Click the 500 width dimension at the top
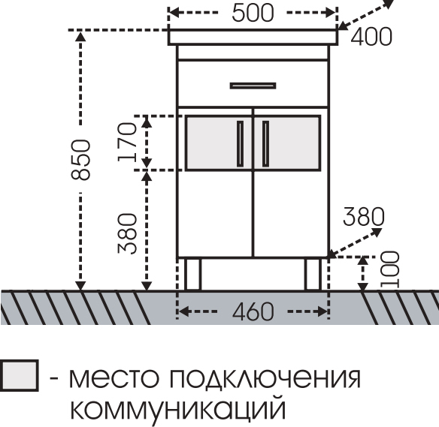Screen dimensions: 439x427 (253, 14)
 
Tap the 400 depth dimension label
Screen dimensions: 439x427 (371, 37)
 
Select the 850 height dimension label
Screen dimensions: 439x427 (80, 160)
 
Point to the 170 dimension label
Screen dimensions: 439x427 (127, 142)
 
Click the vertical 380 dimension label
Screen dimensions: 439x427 (127, 233)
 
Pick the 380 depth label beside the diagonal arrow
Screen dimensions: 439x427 (364, 216)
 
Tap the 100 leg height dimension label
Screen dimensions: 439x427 (389, 269)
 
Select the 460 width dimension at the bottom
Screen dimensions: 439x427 (253, 311)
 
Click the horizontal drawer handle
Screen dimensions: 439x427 (253, 86)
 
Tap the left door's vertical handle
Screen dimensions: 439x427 (241, 143)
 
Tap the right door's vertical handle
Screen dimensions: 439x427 (265, 143)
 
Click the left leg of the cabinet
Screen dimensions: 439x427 (192, 274)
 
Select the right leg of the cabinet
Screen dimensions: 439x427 (313, 274)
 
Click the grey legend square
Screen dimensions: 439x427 (19, 375)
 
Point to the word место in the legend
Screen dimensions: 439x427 (114, 379)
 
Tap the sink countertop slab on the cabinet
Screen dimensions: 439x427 (253, 37)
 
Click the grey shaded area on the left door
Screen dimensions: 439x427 (219, 143)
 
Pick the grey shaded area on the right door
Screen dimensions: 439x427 (287, 143)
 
